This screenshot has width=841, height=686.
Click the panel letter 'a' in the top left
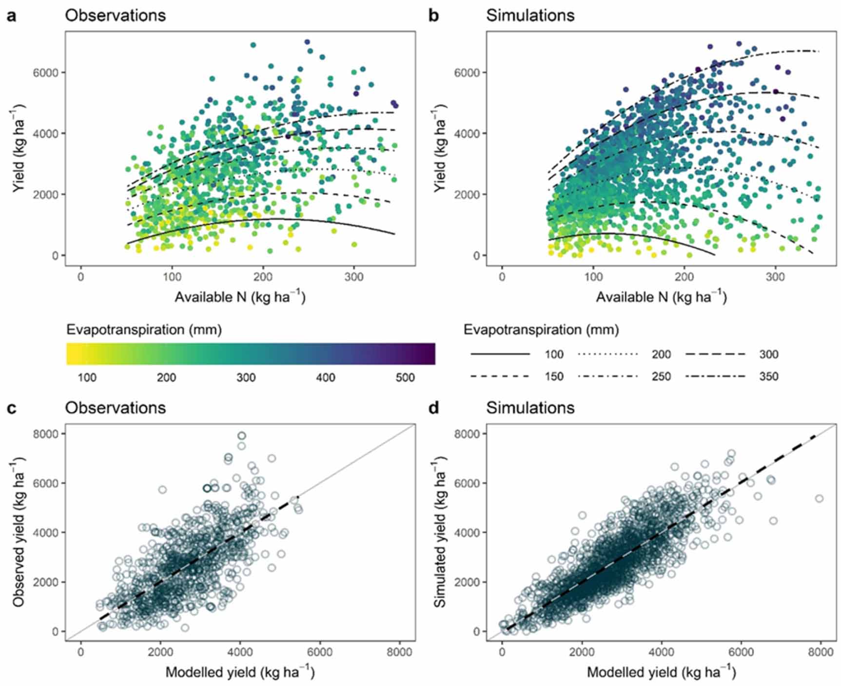pyautogui.click(x=11, y=16)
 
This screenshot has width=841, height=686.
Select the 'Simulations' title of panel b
pyautogui.click(x=530, y=16)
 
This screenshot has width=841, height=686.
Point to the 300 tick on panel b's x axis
pyautogui.click(x=775, y=277)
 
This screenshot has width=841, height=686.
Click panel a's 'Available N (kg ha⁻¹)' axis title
pyautogui.click(x=240, y=297)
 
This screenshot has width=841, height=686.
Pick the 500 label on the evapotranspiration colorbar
pyautogui.click(x=405, y=378)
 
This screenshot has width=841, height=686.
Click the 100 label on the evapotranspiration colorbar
pyautogui.click(x=87, y=378)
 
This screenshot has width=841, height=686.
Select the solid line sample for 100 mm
pyautogui.click(x=500, y=354)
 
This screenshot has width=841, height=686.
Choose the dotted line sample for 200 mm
pyautogui.click(x=607, y=354)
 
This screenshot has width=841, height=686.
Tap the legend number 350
pyautogui.click(x=768, y=376)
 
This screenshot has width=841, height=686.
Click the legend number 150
pyautogui.click(x=554, y=376)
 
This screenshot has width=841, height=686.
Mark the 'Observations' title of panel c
pyautogui.click(x=116, y=407)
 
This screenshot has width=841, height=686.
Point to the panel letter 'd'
pyautogui.click(x=433, y=407)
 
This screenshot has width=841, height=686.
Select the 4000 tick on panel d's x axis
pyautogui.click(x=661, y=652)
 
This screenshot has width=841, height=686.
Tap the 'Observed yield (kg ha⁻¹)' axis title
pyautogui.click(x=19, y=532)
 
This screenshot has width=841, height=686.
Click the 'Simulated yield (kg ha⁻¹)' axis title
pyautogui.click(x=440, y=532)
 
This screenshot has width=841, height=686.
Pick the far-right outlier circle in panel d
pyautogui.click(x=819, y=498)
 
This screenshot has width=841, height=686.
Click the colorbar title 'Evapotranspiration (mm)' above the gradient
pyautogui.click(x=144, y=330)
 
